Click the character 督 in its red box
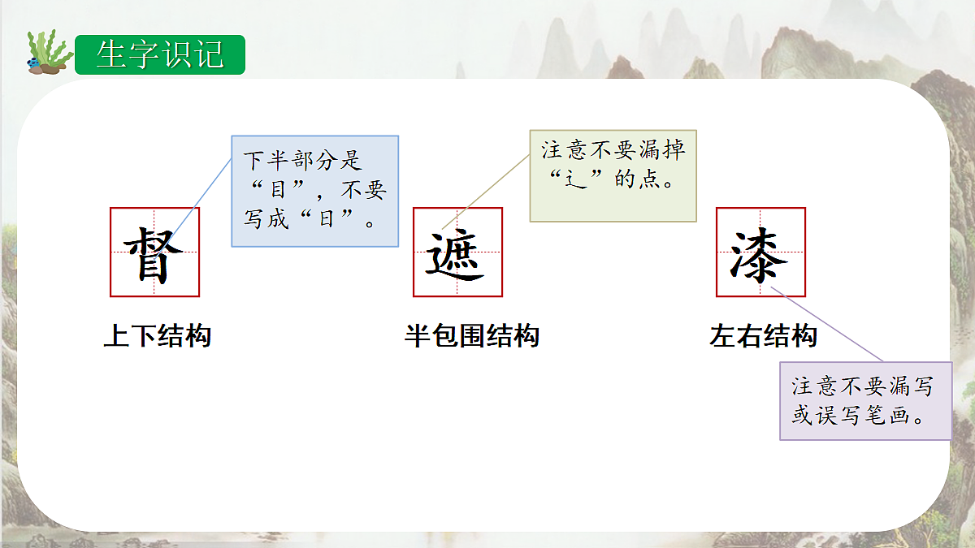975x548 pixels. click(x=154, y=252)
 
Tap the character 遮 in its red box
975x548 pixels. click(x=457, y=252)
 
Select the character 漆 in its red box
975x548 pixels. click(x=760, y=252)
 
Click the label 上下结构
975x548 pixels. click(x=158, y=336)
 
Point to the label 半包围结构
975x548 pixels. click(x=472, y=336)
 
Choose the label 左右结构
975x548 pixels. click(x=763, y=336)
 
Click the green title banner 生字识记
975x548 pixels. click(x=160, y=54)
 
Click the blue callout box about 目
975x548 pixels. click(x=315, y=191)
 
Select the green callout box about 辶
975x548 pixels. click(x=613, y=175)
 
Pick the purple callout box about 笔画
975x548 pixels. click(x=865, y=401)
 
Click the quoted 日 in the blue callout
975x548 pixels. click(x=327, y=220)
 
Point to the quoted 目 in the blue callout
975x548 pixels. click(x=278, y=192)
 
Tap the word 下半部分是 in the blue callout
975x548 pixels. click(x=302, y=162)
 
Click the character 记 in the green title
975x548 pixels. click(x=210, y=54)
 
